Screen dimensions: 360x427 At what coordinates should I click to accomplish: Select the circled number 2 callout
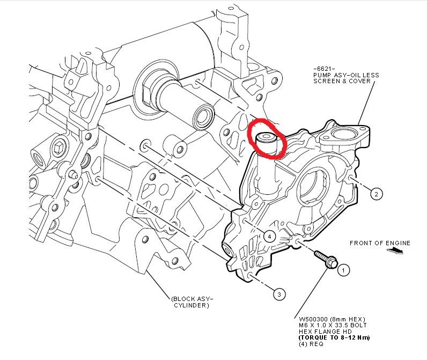(x=377, y=194)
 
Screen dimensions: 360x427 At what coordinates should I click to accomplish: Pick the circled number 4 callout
(x=269, y=236)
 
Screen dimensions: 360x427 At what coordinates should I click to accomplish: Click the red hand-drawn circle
(x=267, y=138)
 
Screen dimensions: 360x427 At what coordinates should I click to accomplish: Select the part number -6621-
(x=323, y=69)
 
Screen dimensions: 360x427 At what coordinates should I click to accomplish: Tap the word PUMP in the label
(x=321, y=75)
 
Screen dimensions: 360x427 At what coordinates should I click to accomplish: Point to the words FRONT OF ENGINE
(x=380, y=243)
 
